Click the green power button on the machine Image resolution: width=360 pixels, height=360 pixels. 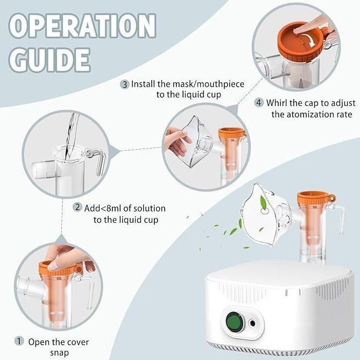[235, 321]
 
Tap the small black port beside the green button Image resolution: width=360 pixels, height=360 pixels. [252, 323]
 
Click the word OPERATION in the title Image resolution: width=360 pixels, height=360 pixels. [83, 25]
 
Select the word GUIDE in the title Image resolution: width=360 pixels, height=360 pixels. [50, 60]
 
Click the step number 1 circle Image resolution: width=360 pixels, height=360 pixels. [19, 341]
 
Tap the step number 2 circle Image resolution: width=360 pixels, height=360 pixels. [77, 207]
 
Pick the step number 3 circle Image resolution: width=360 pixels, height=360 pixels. [125, 84]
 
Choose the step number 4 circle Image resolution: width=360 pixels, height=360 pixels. [259, 102]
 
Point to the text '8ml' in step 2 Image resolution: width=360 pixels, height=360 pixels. [112, 208]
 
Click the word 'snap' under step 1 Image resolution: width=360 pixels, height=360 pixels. [60, 353]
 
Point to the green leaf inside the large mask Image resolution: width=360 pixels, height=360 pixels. [263, 203]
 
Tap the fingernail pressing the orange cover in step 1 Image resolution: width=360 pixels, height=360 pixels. [54, 266]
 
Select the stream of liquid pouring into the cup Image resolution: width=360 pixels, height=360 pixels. [71, 136]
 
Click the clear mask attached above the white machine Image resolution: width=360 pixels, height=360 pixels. [267, 214]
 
